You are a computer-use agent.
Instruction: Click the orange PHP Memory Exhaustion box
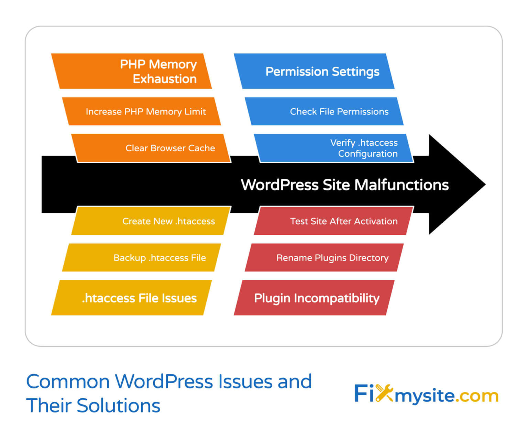click(131, 71)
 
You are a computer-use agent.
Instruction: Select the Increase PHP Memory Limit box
click(141, 111)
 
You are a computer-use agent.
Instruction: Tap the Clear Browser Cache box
click(151, 148)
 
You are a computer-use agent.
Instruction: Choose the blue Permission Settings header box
click(314, 71)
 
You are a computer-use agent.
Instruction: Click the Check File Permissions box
click(324, 111)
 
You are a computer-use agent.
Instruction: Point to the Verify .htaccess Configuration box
click(333, 148)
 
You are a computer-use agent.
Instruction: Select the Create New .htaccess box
click(151, 221)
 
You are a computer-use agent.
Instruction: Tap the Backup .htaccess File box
click(141, 258)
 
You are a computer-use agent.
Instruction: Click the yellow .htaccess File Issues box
click(131, 298)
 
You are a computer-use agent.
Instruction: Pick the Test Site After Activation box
click(334, 221)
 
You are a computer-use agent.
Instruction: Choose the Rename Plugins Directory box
click(324, 258)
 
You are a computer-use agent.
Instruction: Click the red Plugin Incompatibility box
click(314, 298)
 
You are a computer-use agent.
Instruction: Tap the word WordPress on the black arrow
click(279, 185)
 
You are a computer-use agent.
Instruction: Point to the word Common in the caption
click(68, 382)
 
